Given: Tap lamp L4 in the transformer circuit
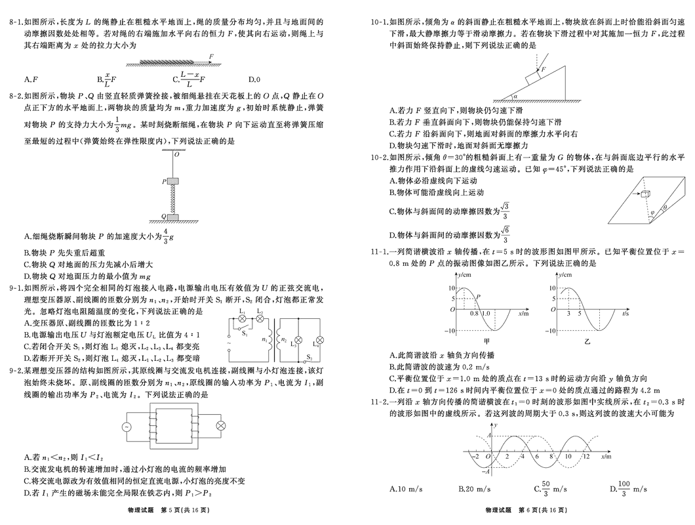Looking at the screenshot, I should click(x=317, y=341).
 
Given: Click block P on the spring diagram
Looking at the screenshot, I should click(x=174, y=180).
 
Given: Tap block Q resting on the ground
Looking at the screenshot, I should click(x=174, y=217).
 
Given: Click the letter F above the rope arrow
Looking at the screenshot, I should click(x=211, y=57).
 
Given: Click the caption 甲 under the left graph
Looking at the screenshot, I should click(x=486, y=342).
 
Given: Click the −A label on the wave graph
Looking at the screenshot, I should click(x=486, y=471).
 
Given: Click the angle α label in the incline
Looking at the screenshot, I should click(x=515, y=96).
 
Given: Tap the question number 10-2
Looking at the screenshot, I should click(x=380, y=157).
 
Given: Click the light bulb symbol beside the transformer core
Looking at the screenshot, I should click(x=221, y=426).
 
